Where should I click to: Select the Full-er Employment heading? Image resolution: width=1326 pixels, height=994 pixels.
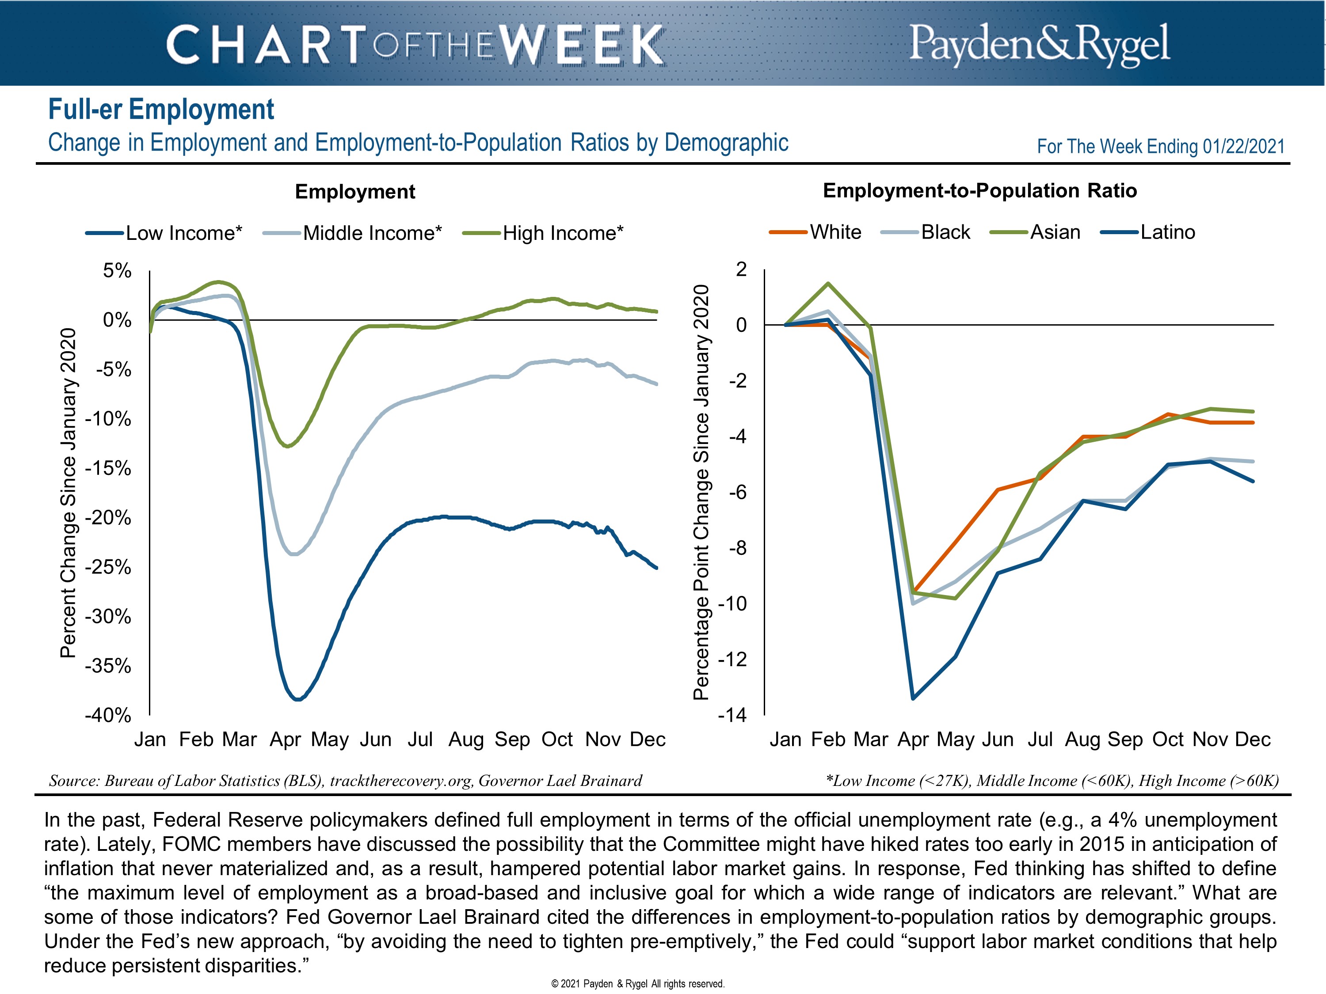tap(160, 110)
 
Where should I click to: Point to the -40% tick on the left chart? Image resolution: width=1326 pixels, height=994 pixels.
tap(108, 715)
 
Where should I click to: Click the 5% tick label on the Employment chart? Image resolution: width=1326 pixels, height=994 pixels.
tap(117, 270)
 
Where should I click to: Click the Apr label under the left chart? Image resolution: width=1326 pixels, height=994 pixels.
tap(285, 740)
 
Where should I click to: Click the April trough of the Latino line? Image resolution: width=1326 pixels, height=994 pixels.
tap(912, 698)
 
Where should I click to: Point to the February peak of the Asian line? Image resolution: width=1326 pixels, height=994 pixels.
tap(828, 284)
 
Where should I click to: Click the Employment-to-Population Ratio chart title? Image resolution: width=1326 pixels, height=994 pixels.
tap(979, 190)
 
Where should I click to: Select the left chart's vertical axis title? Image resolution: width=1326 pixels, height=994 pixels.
tap(69, 493)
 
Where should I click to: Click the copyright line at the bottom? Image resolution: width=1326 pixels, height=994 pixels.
tap(638, 983)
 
